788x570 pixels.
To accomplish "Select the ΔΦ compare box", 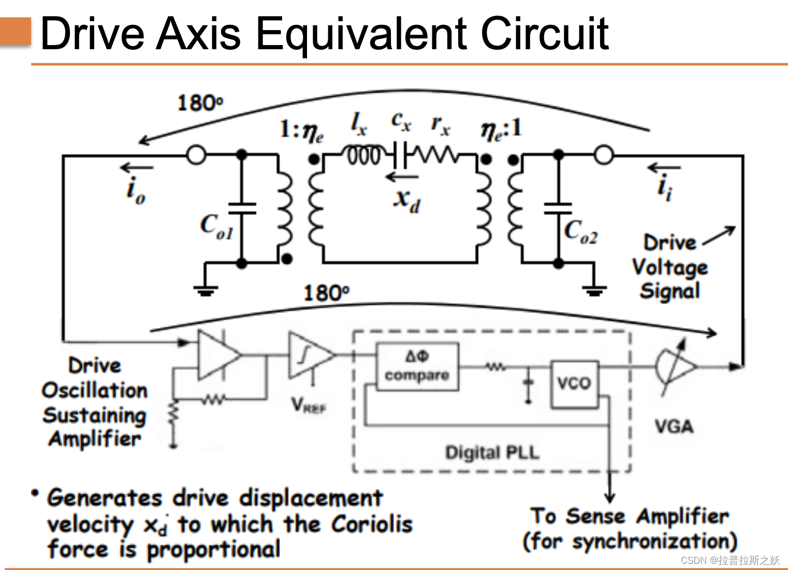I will point(417,366).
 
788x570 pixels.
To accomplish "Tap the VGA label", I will point(674,426).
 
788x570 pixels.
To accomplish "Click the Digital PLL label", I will point(492,452).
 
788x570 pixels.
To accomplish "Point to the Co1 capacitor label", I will point(216,227).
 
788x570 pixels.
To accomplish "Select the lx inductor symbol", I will point(364,154).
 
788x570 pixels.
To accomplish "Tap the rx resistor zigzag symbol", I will point(439,154).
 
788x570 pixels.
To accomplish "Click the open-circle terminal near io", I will point(196,154).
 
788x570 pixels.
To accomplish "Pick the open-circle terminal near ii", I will point(604,154).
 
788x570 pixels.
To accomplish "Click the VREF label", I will point(309,405).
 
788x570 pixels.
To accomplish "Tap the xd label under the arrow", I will point(407,199).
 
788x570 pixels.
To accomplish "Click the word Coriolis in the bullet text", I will point(372,524).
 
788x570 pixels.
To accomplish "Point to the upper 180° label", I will point(200,103).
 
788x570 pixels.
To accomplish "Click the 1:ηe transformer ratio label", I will point(301,130).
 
